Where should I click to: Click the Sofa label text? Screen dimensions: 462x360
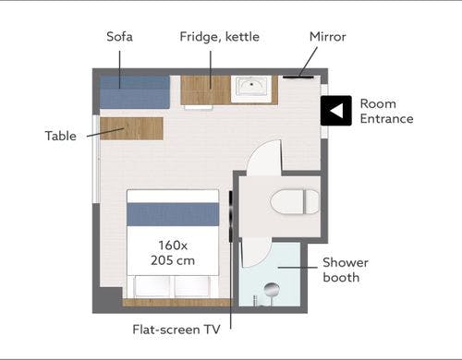[119, 37]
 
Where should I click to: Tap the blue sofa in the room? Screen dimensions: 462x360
[135, 91]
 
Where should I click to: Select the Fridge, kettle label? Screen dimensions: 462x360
[219, 37]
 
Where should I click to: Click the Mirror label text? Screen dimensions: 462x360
[328, 37]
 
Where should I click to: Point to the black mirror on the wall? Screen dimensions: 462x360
[298, 77]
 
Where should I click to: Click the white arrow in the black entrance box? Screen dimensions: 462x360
[336, 111]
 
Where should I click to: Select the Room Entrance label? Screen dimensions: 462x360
[386, 111]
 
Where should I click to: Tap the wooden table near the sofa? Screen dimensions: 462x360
[131, 128]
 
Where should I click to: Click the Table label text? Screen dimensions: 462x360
[61, 136]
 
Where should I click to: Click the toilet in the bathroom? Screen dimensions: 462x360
[295, 201]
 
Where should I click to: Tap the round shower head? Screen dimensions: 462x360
[272, 290]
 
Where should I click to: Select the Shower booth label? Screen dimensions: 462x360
[346, 270]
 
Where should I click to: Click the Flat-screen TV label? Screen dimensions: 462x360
[176, 330]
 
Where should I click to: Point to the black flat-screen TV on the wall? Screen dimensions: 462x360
[230, 216]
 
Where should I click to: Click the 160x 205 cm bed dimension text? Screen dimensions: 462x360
[173, 253]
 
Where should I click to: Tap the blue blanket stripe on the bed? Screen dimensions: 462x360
[173, 214]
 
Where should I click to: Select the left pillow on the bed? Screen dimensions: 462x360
[152, 286]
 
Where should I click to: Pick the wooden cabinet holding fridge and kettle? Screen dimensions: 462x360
[205, 90]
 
